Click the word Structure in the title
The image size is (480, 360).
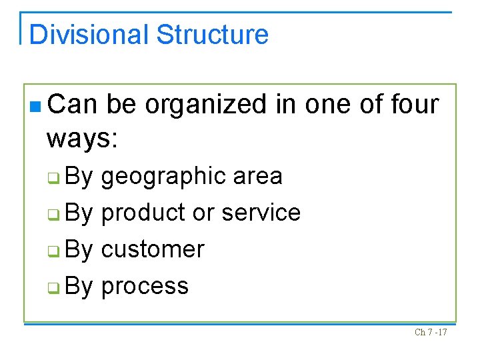[213, 35]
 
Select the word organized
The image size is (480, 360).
[223, 105]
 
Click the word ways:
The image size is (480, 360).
[82, 139]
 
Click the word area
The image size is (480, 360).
[258, 176]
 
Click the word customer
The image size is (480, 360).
[153, 249]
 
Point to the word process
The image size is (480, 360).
[145, 287]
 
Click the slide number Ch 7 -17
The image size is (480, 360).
[431, 332]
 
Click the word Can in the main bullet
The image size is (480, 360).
[73, 105]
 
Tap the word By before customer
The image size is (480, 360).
[79, 249]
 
